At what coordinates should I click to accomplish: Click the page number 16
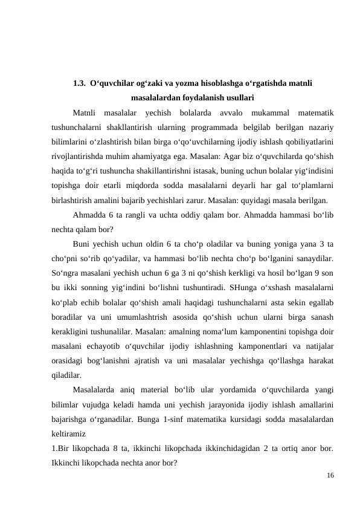(330, 476)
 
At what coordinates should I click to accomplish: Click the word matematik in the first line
(314, 112)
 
